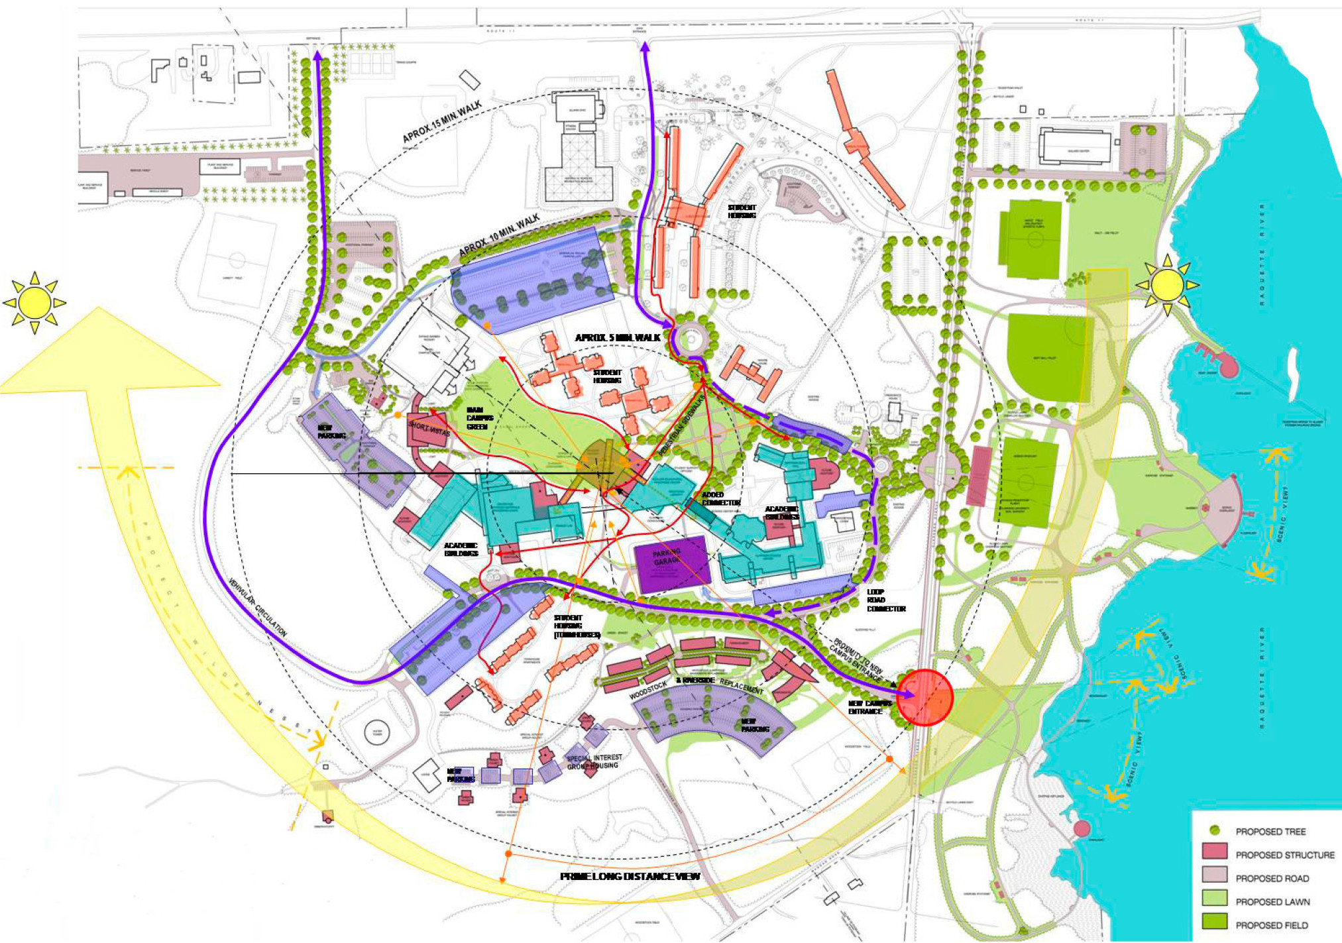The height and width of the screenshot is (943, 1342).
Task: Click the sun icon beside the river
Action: (x=1167, y=285)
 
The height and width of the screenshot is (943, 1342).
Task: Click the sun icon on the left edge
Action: (x=34, y=303)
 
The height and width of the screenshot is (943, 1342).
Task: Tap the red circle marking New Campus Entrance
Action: (x=925, y=697)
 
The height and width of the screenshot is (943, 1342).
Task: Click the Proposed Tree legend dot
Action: (x=1214, y=830)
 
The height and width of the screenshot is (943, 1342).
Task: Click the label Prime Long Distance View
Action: (x=630, y=876)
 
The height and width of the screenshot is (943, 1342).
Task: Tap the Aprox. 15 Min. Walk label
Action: (x=442, y=122)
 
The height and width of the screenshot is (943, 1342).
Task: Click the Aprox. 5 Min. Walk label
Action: (x=618, y=338)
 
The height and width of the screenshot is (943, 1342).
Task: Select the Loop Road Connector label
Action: (x=885, y=600)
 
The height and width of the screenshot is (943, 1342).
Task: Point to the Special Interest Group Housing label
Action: (x=594, y=761)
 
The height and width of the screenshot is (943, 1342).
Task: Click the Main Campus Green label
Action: (x=479, y=418)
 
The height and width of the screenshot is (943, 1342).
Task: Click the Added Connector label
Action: (x=720, y=498)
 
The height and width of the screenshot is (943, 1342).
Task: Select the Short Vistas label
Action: (x=429, y=429)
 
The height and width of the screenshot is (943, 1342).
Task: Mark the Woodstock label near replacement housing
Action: (x=647, y=691)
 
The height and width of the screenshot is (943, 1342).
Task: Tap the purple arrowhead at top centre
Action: (x=644, y=46)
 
